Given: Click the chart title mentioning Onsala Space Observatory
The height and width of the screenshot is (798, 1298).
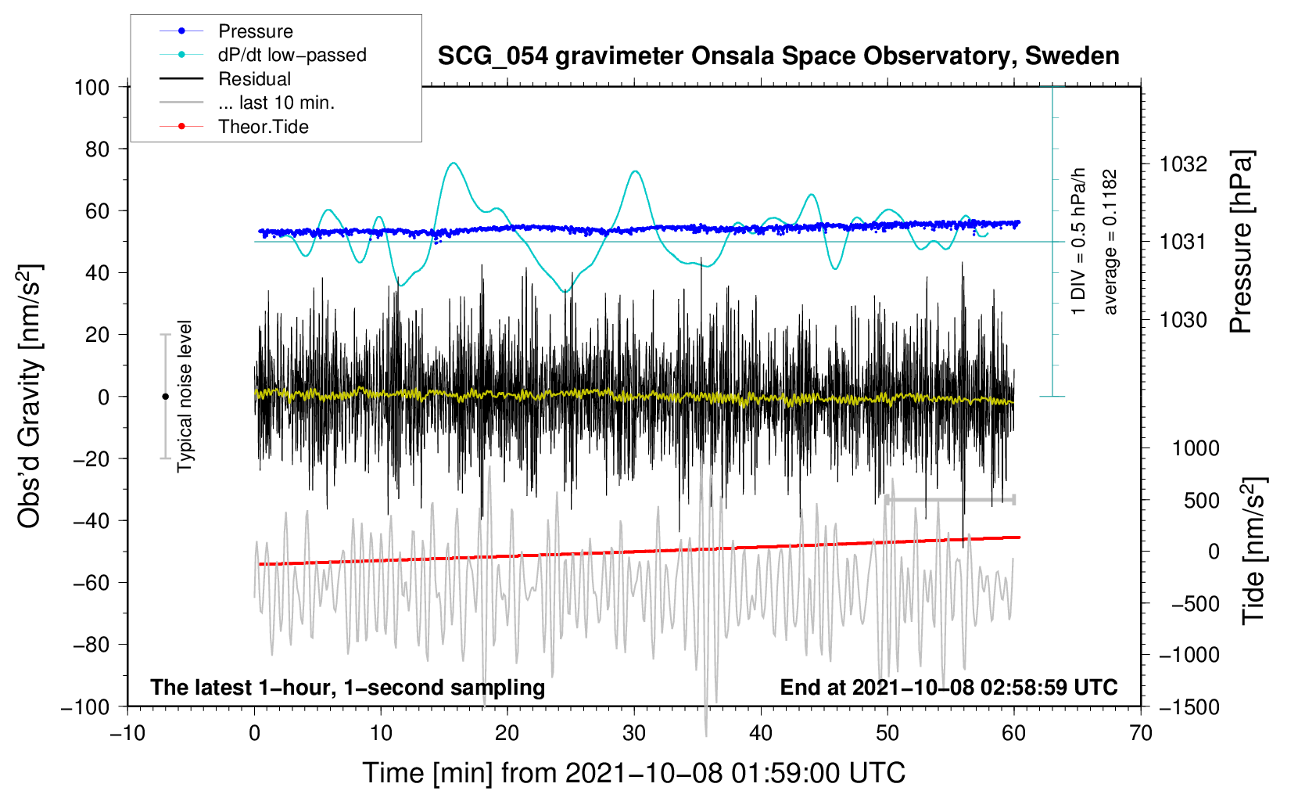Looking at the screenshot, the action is (778, 56).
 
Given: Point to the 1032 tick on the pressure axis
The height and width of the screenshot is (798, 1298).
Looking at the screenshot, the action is (1183, 164).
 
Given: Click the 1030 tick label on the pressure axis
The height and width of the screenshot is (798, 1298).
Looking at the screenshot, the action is (1183, 319).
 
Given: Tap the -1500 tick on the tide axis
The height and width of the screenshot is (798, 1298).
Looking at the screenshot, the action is (1189, 707).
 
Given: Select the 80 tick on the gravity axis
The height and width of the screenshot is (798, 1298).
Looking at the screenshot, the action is (97, 149).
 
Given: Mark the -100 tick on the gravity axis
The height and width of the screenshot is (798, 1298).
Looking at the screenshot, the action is (85, 707).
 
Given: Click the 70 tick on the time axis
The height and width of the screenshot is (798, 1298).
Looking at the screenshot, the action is (1141, 733).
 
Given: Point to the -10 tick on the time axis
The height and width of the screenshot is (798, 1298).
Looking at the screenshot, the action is (127, 733).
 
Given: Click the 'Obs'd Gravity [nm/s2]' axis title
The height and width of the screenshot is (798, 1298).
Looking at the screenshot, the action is (30, 396).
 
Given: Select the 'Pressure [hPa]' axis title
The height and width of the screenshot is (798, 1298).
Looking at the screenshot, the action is (1242, 242).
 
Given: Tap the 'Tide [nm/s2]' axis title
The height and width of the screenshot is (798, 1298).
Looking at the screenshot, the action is (1254, 551).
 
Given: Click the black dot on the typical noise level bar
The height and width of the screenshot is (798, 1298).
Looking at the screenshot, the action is (165, 397).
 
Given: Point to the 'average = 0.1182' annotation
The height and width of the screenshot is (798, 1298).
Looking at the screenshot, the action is (1109, 242).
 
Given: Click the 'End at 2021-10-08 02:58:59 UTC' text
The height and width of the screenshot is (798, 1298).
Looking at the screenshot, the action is (948, 687).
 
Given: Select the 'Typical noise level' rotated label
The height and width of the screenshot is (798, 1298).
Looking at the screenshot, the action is (185, 396).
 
